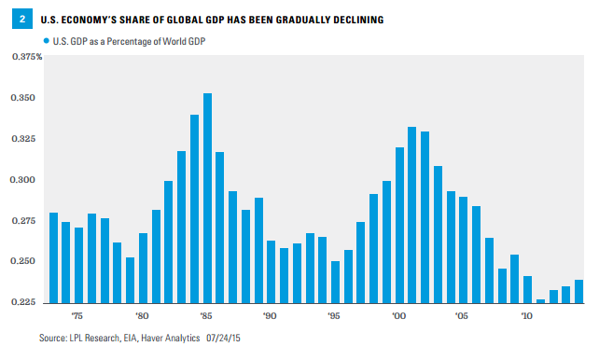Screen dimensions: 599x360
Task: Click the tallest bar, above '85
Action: click(207, 198)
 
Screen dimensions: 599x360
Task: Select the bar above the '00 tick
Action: click(399, 226)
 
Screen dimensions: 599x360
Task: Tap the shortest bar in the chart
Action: click(540, 301)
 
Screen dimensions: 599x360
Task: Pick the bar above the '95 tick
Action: click(335, 282)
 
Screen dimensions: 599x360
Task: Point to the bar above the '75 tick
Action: click(78, 265)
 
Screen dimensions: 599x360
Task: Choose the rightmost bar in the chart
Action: click(578, 292)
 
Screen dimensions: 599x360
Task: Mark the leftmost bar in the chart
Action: click(53, 258)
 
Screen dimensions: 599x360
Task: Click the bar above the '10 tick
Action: click(527, 290)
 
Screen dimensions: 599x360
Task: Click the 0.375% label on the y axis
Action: click(27, 57)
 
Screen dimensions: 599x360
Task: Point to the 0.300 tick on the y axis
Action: click(23, 180)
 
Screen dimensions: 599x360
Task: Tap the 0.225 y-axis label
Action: click(23, 302)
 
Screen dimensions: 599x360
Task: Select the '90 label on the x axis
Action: click(270, 316)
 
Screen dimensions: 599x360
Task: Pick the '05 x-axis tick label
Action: click(462, 316)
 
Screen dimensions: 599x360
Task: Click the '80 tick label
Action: click(142, 316)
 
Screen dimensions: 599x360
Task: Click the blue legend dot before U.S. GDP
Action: click(47, 40)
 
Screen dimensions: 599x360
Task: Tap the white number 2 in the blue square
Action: click(22, 19)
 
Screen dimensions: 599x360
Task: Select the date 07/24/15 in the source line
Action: click(223, 338)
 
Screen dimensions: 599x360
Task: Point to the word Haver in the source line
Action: click(151, 338)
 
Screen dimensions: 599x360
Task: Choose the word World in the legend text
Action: click(174, 41)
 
